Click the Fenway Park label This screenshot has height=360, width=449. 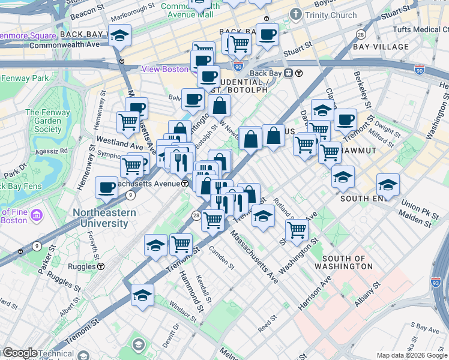(25, 79)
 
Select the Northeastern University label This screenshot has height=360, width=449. (100, 218)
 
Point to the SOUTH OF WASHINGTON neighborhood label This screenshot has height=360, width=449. (343, 262)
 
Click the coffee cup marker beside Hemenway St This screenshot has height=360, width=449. (106, 187)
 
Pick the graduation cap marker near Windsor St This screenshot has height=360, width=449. (143, 295)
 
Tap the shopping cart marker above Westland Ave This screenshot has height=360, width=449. (128, 122)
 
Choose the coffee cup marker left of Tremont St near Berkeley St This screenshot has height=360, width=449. (345, 119)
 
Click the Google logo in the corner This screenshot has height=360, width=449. (19, 353)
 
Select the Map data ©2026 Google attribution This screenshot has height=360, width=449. (411, 355)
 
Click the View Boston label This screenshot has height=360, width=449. (165, 69)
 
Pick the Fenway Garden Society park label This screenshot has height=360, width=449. (43, 121)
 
